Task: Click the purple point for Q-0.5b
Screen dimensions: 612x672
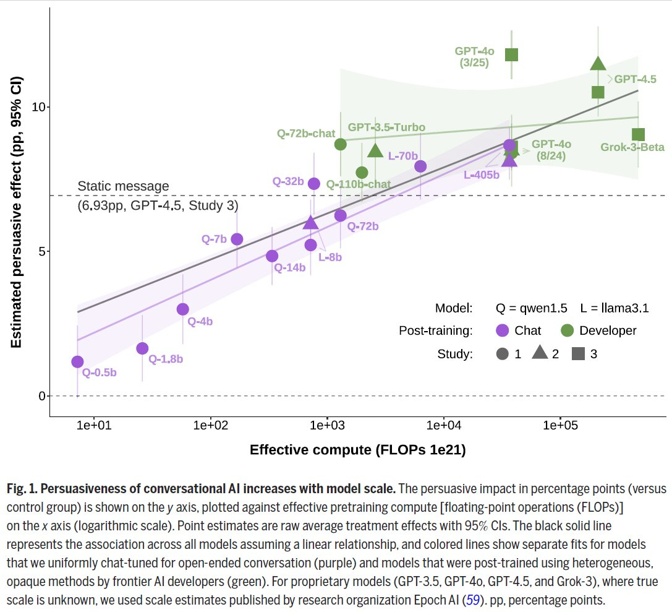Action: (77, 362)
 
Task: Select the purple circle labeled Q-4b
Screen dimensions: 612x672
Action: (182, 309)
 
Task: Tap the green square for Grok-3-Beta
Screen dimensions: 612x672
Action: (639, 134)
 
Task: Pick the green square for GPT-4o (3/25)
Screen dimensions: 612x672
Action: (511, 54)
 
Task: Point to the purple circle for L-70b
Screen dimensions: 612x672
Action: (420, 166)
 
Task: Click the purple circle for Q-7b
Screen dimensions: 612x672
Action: (237, 239)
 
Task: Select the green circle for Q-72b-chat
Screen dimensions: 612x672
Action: (341, 144)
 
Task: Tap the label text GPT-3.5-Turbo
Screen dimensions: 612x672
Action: (386, 127)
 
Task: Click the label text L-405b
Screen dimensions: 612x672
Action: (482, 175)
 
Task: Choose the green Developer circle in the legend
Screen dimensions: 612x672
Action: (567, 330)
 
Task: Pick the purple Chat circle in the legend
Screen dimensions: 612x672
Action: (502, 330)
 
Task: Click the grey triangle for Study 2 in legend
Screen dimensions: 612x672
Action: (539, 353)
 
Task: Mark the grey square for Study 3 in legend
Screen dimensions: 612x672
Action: (579, 354)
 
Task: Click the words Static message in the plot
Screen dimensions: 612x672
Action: (123, 186)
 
